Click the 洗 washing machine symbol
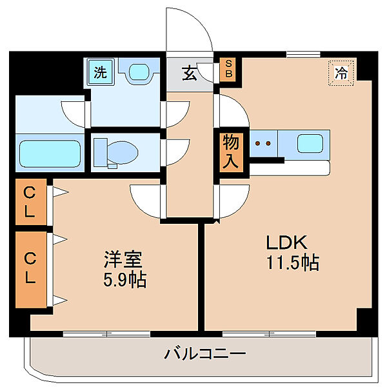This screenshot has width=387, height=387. pyautogui.click(x=100, y=72)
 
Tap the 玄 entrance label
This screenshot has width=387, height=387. pyautogui.click(x=189, y=74)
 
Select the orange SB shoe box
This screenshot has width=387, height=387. pyautogui.click(x=228, y=70)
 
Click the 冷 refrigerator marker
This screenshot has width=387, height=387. pyautogui.click(x=341, y=72)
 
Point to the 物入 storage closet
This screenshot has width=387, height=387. pyautogui.click(x=230, y=151)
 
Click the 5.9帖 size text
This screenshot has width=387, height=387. pyautogui.click(x=124, y=281)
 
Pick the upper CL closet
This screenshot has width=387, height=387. pyautogui.click(x=31, y=203)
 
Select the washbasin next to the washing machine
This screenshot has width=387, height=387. pyautogui.click(x=138, y=72)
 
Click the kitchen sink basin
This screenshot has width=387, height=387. pyautogui.click(x=310, y=143)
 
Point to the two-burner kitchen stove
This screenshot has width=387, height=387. pyautogui.click(x=262, y=143)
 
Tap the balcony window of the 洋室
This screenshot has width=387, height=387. pyautogui.click(x=106, y=333)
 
